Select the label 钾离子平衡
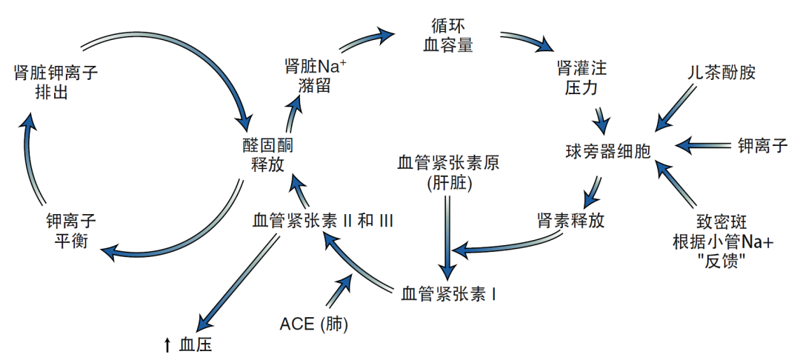pos(71,230)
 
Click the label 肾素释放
pos(570,221)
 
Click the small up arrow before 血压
pos(167,344)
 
